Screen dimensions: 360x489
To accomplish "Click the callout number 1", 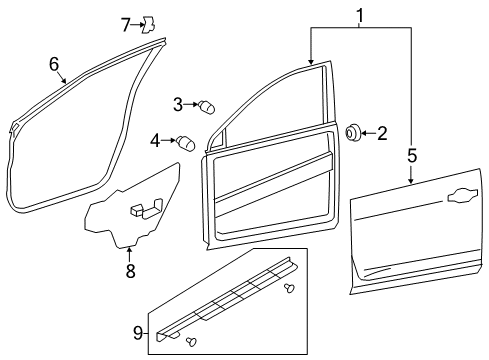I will click(360, 15).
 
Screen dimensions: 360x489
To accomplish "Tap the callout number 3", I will click(178, 103).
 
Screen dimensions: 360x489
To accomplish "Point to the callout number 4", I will click(156, 140).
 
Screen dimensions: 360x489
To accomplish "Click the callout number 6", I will click(53, 63).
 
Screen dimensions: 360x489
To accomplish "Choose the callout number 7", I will click(126, 23).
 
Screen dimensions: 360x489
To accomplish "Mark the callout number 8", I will click(129, 270).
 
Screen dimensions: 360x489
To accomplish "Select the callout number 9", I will click(138, 333).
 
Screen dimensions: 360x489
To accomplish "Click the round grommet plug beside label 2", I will click(354, 132).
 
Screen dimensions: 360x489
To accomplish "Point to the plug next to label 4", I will click(186, 142).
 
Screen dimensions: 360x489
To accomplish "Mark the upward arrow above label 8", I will click(129, 250).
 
